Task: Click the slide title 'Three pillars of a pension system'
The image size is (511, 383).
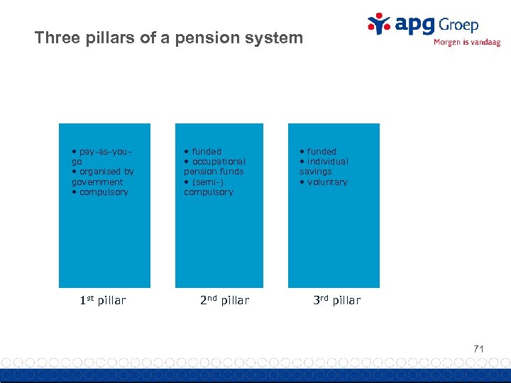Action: (x=168, y=38)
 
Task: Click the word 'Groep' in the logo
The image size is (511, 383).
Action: (x=458, y=25)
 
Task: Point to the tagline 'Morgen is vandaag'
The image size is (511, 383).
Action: (x=466, y=43)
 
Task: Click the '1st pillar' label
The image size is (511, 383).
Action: (x=102, y=300)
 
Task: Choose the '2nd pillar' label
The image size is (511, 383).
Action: (x=224, y=300)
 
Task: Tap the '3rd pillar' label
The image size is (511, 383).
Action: (x=336, y=300)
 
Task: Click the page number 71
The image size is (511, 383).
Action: (x=478, y=348)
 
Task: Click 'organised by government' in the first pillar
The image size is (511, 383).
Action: (x=102, y=177)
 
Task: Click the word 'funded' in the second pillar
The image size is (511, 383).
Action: (x=206, y=151)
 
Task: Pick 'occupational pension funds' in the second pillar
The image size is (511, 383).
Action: (x=214, y=167)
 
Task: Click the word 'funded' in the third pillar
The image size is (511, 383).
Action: (x=322, y=151)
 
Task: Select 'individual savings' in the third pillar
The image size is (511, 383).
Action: (x=324, y=167)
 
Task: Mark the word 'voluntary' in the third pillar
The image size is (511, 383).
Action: (x=326, y=182)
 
